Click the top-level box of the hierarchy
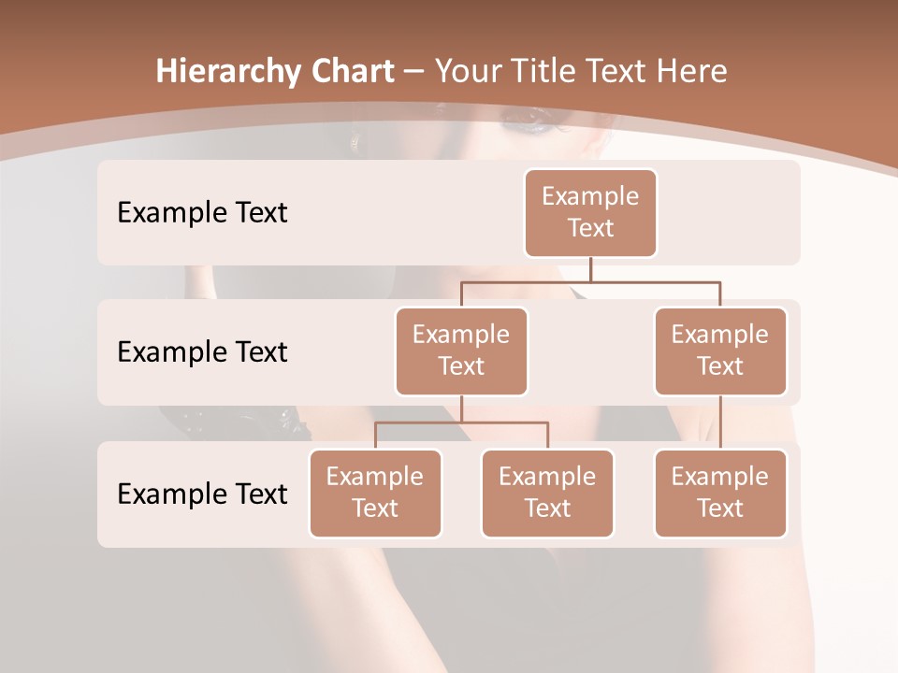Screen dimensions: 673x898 590,212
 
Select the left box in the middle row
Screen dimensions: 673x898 461,351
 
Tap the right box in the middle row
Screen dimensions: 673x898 720,351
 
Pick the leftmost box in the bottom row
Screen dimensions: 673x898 375,493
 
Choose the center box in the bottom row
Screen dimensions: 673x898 547,493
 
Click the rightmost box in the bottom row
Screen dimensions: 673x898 720,493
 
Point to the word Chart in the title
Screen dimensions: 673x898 349,71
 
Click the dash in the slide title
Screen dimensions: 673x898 414,71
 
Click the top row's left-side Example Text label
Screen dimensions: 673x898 202,213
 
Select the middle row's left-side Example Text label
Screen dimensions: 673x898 202,352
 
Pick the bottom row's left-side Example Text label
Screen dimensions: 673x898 202,494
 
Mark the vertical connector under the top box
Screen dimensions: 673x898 590,269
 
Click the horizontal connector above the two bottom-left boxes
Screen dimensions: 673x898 461,422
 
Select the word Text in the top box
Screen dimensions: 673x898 590,228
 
